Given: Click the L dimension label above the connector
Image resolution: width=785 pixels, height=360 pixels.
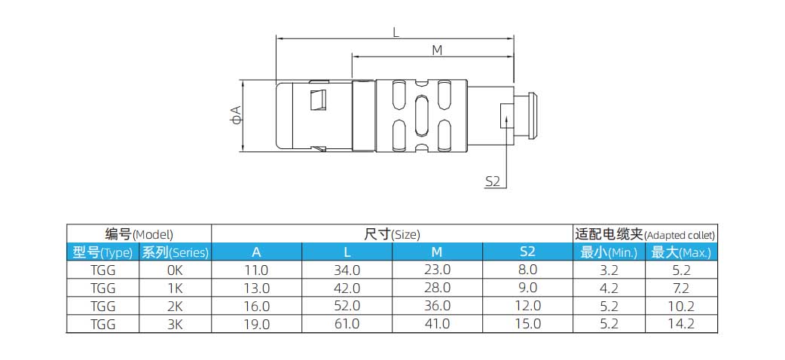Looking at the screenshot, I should pyautogui.click(x=396, y=32).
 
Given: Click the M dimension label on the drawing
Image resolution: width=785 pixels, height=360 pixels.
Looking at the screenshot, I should pyautogui.click(x=436, y=50).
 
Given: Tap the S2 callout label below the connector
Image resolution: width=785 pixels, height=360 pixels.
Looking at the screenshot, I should pyautogui.click(x=493, y=181).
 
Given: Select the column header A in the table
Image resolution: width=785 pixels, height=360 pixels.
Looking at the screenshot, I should pyautogui.click(x=256, y=252).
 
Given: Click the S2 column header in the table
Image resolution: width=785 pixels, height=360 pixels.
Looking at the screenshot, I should pyautogui.click(x=527, y=252).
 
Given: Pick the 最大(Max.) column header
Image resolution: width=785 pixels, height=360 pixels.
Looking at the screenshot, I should pyautogui.click(x=681, y=252).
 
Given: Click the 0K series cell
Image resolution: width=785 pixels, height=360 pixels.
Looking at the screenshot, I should pyautogui.click(x=175, y=270).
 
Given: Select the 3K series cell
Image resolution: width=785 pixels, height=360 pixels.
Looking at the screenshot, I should pyautogui.click(x=175, y=324).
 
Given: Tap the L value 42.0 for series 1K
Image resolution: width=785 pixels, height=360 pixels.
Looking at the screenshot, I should pyautogui.click(x=347, y=288).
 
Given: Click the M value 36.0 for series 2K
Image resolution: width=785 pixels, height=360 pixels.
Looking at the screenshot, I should pyautogui.click(x=437, y=306).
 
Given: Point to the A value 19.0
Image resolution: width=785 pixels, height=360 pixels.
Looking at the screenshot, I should pyautogui.click(x=256, y=324).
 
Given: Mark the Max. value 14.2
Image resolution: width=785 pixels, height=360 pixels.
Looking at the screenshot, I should pyautogui.click(x=681, y=324).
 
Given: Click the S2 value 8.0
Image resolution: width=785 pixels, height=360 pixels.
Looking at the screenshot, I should pyautogui.click(x=527, y=270).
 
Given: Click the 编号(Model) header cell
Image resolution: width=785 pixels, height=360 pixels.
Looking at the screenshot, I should pyautogui.click(x=139, y=234).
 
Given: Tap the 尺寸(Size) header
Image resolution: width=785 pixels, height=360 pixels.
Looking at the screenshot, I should pyautogui.click(x=392, y=234).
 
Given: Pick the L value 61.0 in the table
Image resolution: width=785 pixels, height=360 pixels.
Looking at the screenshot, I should pyautogui.click(x=347, y=324).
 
